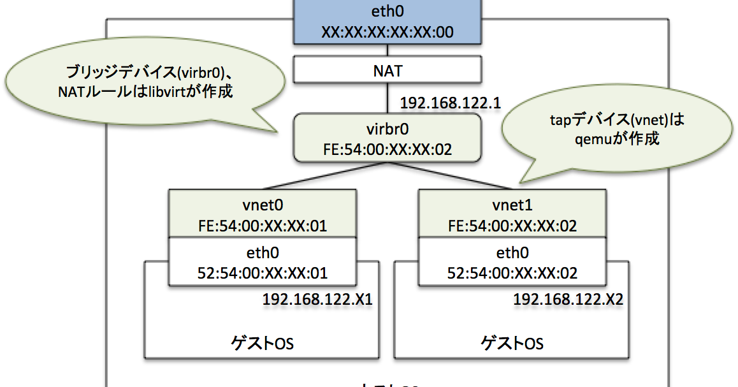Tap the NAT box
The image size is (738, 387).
[x=388, y=70]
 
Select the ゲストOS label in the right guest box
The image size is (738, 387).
[x=512, y=344]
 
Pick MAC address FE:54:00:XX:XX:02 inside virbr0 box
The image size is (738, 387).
[x=388, y=150]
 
